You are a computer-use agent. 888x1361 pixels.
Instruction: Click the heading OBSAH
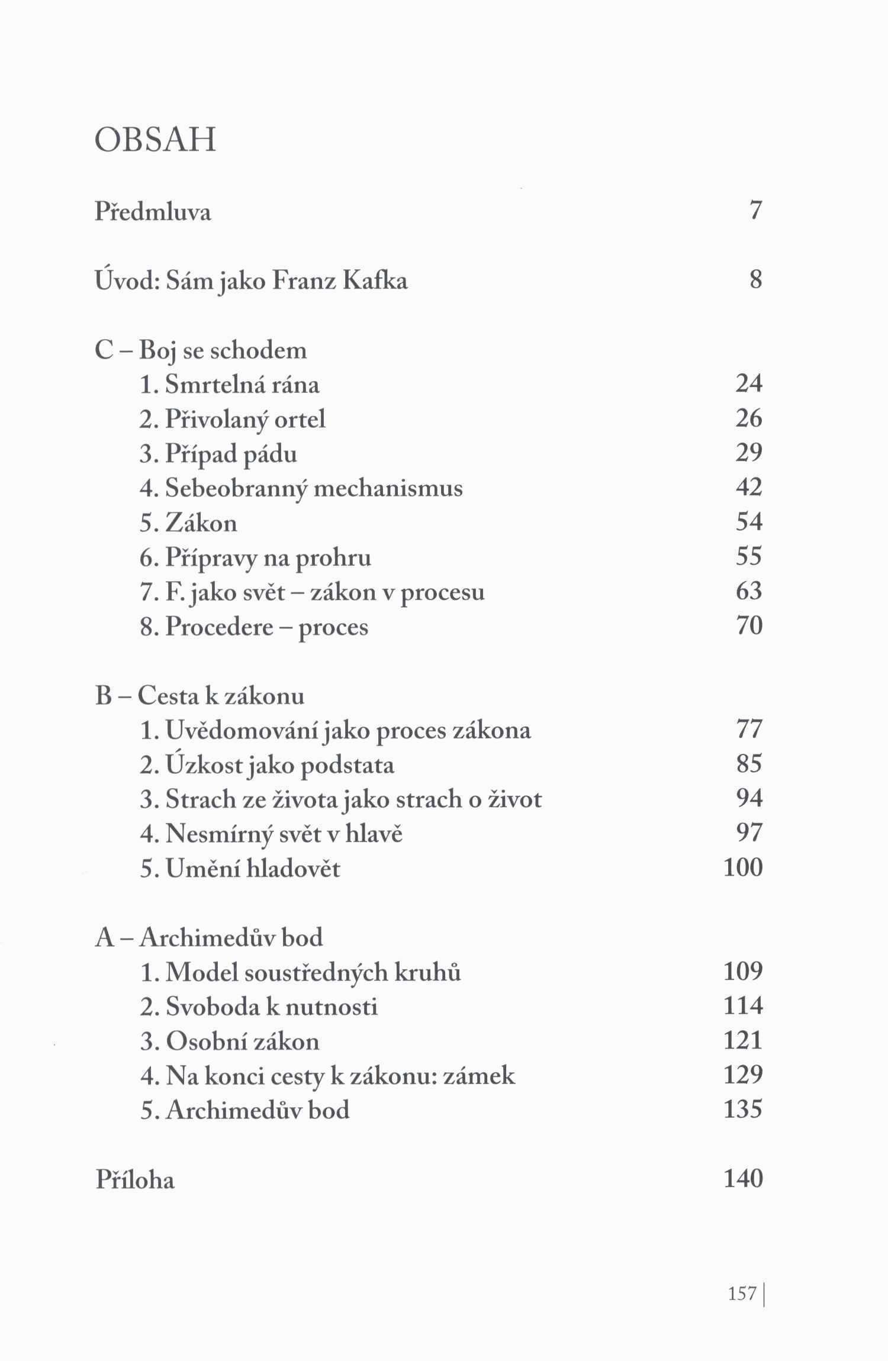click(155, 141)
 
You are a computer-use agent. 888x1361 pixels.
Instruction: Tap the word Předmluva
click(153, 211)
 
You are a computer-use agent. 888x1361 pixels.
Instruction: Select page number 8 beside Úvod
click(755, 279)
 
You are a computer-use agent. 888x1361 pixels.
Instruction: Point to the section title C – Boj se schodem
click(201, 350)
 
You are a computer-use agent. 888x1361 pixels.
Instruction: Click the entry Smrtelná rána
click(242, 385)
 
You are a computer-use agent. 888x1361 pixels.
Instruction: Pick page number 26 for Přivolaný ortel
click(748, 418)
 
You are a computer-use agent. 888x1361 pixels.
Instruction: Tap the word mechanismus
click(388, 488)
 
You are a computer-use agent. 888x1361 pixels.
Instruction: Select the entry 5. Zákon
click(189, 523)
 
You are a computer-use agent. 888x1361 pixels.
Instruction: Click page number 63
click(748, 591)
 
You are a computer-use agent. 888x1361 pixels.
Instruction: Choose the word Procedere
click(219, 627)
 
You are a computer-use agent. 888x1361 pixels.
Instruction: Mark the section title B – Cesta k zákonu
click(200, 696)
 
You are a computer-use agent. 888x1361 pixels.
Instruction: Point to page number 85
click(748, 764)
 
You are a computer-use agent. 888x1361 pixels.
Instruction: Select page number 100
click(743, 867)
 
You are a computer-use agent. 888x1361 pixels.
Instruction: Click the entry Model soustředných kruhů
click(313, 972)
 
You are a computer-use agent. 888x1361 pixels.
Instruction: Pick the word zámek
click(480, 1076)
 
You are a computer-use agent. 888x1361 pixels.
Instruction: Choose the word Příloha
click(135, 1180)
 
